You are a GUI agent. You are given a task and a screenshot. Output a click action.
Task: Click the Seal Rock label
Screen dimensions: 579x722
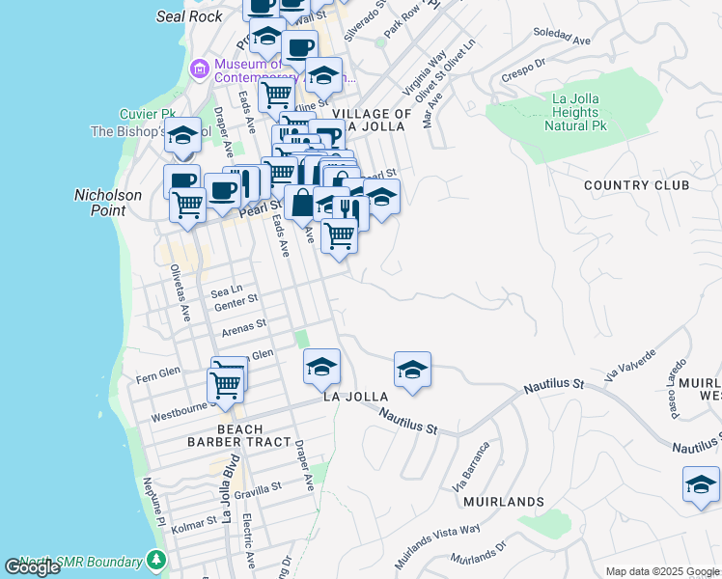coord(190,15)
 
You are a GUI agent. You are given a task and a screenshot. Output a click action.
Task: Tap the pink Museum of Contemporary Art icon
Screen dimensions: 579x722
coord(200,69)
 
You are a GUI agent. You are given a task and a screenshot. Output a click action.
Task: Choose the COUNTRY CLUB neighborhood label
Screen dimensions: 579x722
coord(636,185)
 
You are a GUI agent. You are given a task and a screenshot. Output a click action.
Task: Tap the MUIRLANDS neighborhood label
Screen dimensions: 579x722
coord(503,502)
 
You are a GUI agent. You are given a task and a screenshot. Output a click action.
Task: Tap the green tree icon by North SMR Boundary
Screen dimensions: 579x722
coord(155,561)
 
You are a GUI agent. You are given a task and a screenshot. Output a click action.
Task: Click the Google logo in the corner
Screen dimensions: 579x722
coord(32,567)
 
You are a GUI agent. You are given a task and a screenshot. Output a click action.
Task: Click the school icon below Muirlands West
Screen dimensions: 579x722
coord(701,484)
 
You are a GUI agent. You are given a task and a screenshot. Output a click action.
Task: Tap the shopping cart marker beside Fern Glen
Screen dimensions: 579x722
coord(225,385)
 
